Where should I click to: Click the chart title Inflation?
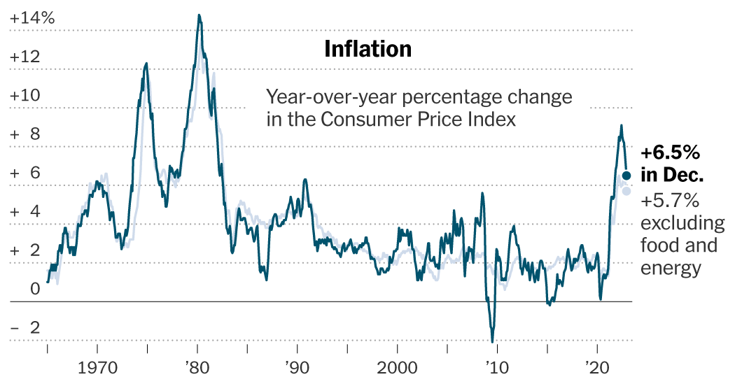pos(367,49)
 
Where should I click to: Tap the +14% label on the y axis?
pos(32,19)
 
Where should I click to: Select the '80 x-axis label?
pos(197,367)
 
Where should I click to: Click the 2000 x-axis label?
pos(397,367)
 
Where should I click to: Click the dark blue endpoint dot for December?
pos(626,176)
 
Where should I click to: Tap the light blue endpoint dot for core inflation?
pos(626,191)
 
